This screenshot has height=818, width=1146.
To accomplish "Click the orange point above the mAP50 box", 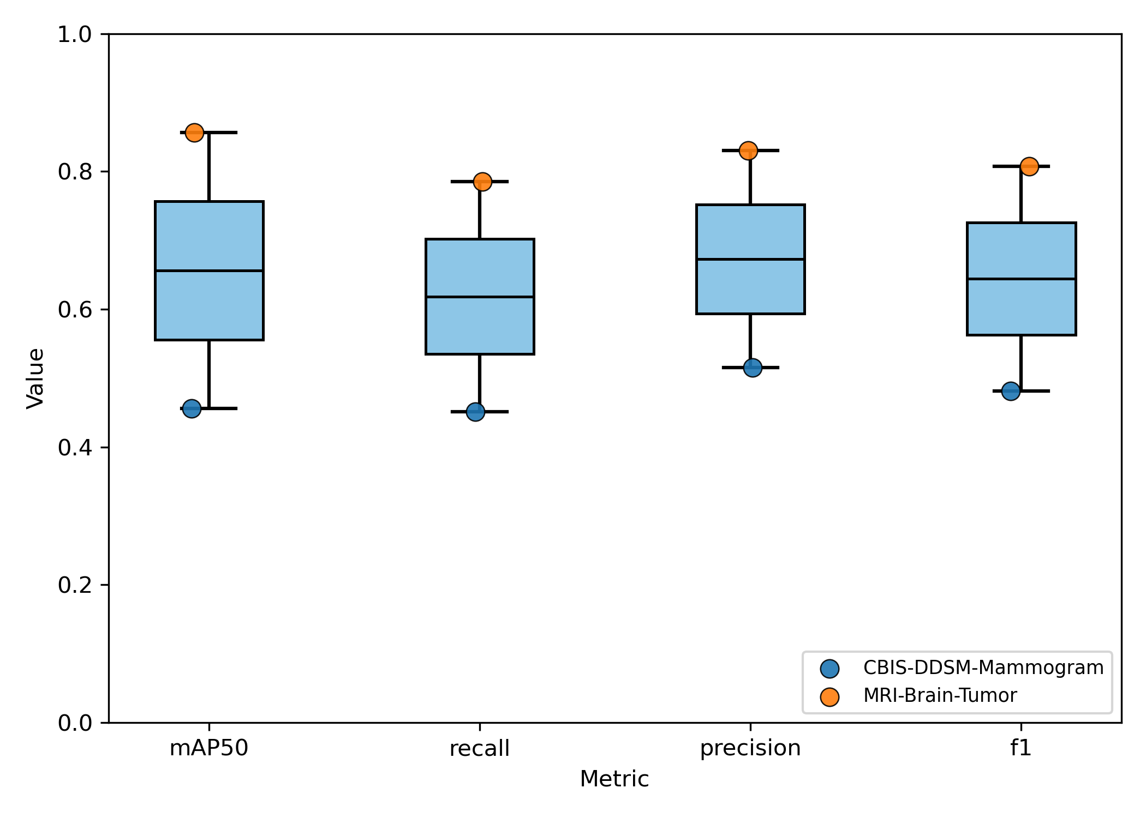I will [x=194, y=133].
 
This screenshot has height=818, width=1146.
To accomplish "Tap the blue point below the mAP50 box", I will [x=192, y=408].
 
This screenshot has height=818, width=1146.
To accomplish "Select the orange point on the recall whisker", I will [x=482, y=182].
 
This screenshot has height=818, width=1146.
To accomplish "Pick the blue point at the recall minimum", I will [x=475, y=412].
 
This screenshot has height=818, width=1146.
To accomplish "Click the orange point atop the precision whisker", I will [x=748, y=151].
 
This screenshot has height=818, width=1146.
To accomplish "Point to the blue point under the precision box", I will [x=753, y=368].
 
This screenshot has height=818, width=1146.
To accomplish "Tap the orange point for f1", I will [x=1029, y=166].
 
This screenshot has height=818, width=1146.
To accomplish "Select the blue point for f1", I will [x=1011, y=391].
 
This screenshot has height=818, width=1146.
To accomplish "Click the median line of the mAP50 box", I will [x=209, y=270].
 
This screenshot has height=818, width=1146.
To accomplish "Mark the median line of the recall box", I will [x=480, y=297].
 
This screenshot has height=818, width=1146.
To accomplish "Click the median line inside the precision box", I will [x=750, y=259].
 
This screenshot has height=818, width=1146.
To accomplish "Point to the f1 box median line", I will [x=1021, y=279].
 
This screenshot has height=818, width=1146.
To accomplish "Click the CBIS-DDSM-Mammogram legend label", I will [x=983, y=667].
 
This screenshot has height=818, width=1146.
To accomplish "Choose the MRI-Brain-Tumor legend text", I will [x=940, y=696].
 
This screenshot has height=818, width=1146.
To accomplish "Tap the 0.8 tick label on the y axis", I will [x=75, y=172].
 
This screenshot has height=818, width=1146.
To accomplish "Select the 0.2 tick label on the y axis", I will [x=75, y=585].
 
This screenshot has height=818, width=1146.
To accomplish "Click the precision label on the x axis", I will [x=750, y=748].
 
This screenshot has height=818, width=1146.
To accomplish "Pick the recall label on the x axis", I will [x=480, y=748].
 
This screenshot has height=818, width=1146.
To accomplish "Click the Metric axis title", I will [x=614, y=779].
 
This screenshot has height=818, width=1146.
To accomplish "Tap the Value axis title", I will [x=36, y=378].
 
